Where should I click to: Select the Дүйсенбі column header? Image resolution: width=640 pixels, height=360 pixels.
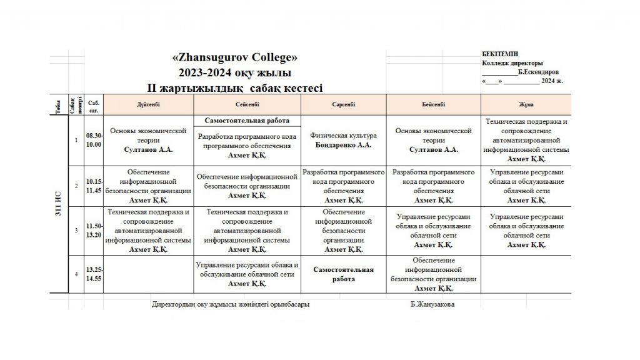coord(149,104)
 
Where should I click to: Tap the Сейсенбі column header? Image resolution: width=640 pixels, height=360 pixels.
coord(247,104)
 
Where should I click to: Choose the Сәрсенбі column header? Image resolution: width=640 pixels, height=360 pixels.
coord(343,104)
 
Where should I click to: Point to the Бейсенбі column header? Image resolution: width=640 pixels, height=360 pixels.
coord(433,104)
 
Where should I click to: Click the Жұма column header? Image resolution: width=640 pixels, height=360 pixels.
coord(526,104)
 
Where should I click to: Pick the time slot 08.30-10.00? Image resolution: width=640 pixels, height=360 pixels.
coord(94,139)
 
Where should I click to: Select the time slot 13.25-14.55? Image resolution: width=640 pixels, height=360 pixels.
coord(94,274)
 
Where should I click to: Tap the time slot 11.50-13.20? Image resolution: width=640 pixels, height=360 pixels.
coord(94,230)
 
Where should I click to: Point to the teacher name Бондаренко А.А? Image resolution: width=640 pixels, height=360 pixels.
coord(343,145)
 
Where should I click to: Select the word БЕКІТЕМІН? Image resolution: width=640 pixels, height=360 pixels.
coord(500,54)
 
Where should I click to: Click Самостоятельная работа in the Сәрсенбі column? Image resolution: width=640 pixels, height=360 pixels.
coord(343,274)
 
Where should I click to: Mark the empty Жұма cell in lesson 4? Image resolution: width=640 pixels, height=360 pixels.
coord(526,274)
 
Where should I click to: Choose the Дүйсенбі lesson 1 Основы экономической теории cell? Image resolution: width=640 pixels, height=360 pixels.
coord(149,140)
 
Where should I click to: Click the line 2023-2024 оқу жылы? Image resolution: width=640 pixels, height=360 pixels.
coord(234,72)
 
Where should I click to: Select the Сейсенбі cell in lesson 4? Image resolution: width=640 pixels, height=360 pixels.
coord(247,274)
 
